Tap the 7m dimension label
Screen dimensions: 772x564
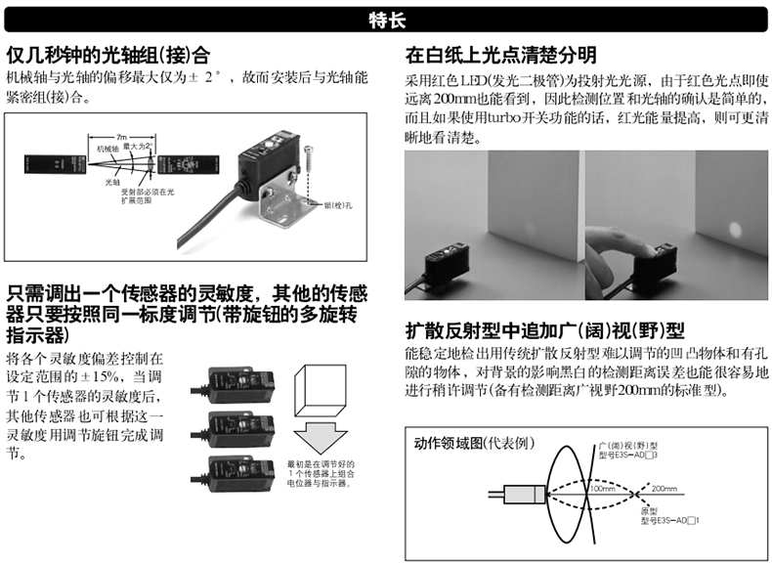121,136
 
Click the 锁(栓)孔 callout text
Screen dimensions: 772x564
334,205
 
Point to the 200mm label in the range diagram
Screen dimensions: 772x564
665,487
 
